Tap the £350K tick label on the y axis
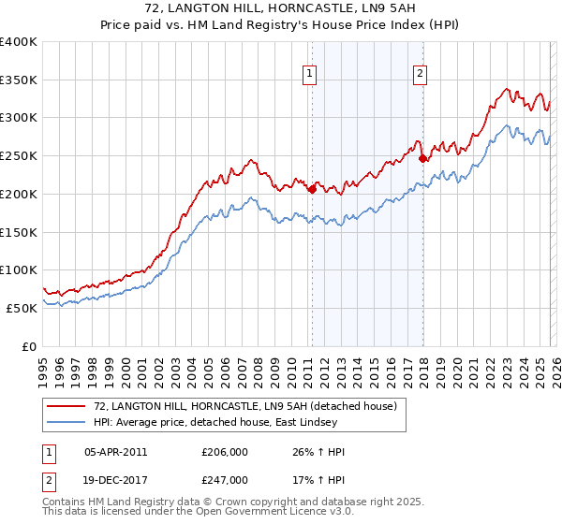(x=19, y=80)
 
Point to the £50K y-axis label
(x=22, y=308)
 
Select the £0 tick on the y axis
(x=30, y=346)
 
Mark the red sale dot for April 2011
(x=311, y=189)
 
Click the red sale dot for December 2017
(x=421, y=158)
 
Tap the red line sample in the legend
(x=67, y=406)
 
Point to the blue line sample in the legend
(x=67, y=422)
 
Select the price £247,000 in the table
(x=225, y=479)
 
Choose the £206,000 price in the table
(x=225, y=452)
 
